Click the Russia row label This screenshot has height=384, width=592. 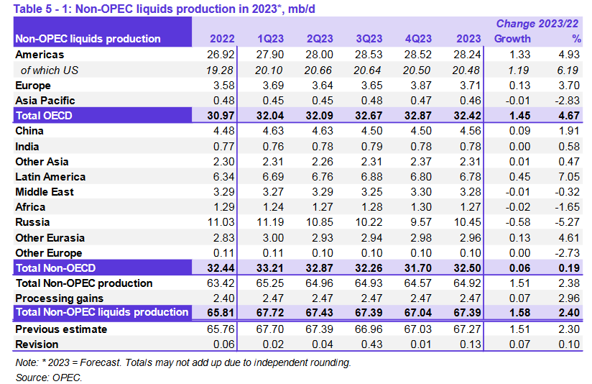[33, 222]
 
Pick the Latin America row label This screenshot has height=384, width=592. [50, 177]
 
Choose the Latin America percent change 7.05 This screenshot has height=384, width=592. [568, 177]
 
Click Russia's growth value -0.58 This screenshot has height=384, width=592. [515, 222]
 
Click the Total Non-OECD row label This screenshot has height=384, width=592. [57, 268]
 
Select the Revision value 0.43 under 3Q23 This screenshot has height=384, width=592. [371, 344]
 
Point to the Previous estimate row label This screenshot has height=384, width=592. [61, 329]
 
